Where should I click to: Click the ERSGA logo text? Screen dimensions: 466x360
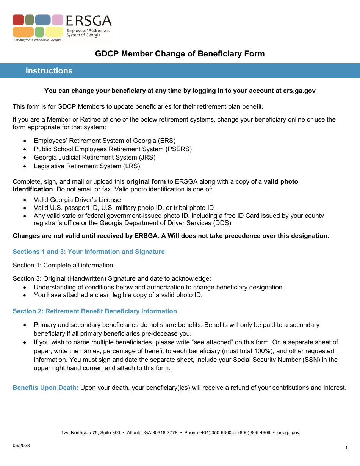89,21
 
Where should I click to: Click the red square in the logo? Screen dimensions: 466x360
18,20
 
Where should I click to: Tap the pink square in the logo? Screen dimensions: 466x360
58,20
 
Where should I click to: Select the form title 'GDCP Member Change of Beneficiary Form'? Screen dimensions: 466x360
180,54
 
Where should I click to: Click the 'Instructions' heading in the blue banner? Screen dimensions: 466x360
49,71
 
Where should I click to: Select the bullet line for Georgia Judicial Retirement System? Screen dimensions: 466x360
94,157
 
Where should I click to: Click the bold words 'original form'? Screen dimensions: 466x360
146,181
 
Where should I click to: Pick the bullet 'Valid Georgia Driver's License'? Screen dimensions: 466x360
77,200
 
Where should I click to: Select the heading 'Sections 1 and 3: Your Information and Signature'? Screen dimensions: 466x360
89,252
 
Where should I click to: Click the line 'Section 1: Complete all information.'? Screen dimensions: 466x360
64,265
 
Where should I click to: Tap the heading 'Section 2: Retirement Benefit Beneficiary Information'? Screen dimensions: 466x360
95,311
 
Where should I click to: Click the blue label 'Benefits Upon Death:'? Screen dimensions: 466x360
45,388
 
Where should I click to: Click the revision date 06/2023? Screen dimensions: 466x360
21,446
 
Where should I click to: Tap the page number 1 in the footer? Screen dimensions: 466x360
346,448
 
